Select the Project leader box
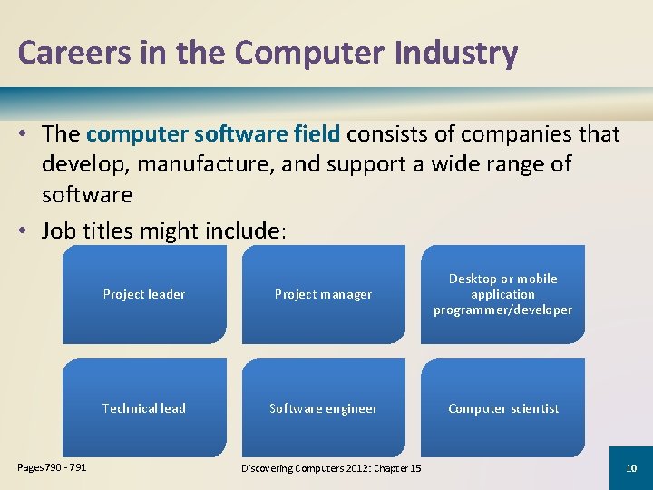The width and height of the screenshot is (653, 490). (144, 294)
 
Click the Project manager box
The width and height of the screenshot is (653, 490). (324, 294)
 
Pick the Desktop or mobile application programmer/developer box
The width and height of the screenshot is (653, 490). (502, 294)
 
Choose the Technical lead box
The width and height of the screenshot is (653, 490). (144, 408)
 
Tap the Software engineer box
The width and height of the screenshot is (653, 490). (324, 408)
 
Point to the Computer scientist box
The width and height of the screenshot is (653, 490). (502, 408)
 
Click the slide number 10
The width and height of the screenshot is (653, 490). (631, 467)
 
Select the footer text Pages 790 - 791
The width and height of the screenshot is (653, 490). (53, 467)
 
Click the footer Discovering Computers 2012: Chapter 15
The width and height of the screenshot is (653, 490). (331, 467)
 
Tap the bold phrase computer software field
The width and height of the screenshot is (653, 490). (213, 134)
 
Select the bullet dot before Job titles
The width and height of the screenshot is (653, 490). (24, 231)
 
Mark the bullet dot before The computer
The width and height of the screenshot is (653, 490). (24, 134)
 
